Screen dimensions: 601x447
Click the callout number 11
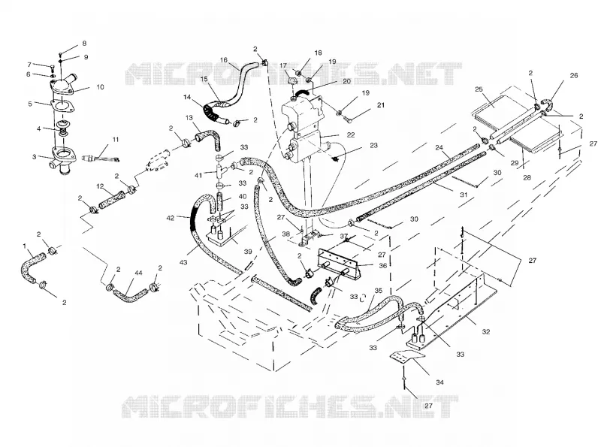[116, 140]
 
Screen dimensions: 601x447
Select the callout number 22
[351, 135]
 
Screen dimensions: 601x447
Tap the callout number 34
[439, 382]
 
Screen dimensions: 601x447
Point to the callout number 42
[171, 218]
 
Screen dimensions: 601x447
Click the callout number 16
[224, 60]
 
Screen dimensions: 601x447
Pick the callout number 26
[573, 76]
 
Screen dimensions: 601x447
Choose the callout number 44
[138, 273]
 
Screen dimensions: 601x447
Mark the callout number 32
[485, 332]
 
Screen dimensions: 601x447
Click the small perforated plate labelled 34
[407, 358]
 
